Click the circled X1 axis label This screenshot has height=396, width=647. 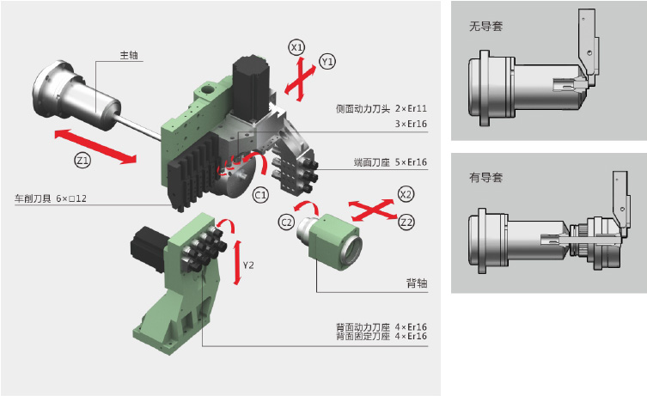coord(297,47)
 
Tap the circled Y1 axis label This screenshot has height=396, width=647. coord(327,62)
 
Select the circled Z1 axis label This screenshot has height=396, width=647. coord(80,161)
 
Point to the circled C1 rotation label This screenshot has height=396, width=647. coord(260,195)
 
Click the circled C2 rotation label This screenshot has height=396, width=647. coord(287,222)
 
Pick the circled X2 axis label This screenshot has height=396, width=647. coord(406,195)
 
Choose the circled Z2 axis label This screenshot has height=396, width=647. coord(407,222)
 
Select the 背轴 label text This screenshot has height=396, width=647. coord(417,283)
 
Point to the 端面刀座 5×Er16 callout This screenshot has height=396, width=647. coord(390,161)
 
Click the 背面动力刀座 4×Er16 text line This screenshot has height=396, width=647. coord(381,326)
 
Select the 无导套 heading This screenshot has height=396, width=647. coord(486,26)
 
